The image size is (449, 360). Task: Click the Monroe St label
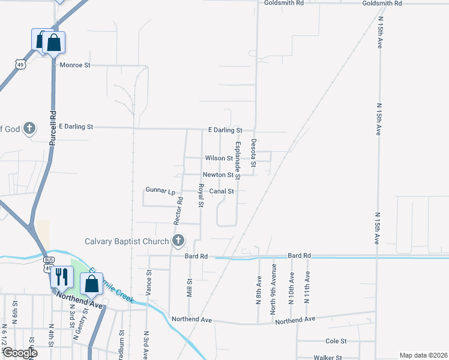74,64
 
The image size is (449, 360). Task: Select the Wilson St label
218,158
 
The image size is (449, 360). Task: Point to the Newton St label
217,175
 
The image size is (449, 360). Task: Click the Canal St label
221,191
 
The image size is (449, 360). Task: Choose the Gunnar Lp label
160,191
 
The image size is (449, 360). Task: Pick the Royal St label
201,197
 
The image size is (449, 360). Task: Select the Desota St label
253,153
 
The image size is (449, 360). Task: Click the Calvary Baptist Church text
127,241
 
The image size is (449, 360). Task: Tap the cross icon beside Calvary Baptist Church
178,241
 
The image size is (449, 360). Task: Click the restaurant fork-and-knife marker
61,277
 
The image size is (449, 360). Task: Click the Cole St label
336,341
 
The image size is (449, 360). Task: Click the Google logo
19,353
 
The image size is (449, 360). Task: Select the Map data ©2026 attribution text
423,355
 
